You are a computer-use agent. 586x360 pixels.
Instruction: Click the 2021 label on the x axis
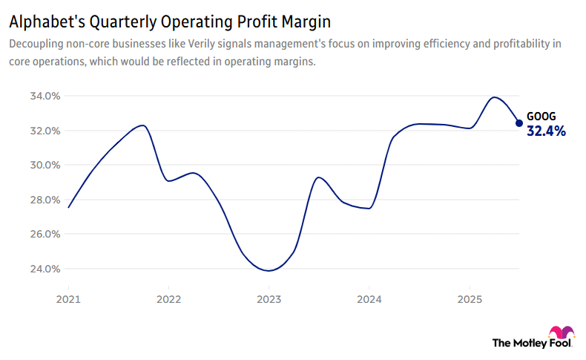coord(68,301)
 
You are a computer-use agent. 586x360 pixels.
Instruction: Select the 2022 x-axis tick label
coord(168,301)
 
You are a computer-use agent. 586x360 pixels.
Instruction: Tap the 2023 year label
coord(269,301)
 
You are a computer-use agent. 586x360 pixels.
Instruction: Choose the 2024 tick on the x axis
coord(369,301)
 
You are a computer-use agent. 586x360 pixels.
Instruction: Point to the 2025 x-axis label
coord(469,301)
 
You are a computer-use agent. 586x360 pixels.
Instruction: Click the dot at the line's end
coord(519,123)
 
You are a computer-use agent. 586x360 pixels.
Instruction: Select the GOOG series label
coord(541,117)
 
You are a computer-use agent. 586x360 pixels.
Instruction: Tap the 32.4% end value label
coord(546,131)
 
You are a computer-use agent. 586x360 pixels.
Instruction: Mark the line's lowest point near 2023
coord(269,271)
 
